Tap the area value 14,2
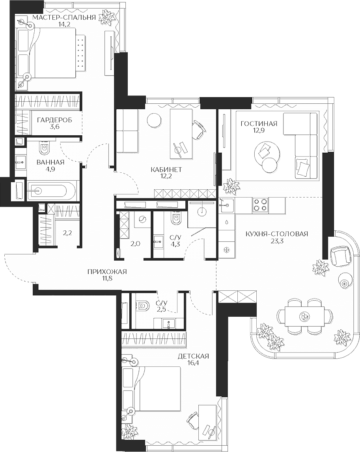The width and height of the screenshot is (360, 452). pos(64,24)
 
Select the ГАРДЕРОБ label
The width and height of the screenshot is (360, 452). pos(54,120)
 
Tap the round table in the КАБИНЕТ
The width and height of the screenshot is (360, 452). pos(154,120)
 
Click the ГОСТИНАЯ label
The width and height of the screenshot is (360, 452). pos(259,124)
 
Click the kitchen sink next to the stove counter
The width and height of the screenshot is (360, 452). pos(227,205)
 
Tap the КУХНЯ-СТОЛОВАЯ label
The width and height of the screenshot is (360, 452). pos(277,234)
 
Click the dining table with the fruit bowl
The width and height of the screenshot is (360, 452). pos(304,316)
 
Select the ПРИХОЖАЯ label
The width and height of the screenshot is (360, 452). pos(107,271)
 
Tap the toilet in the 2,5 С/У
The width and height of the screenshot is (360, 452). pos(142,306)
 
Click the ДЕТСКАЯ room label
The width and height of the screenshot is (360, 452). pos(193,356)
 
